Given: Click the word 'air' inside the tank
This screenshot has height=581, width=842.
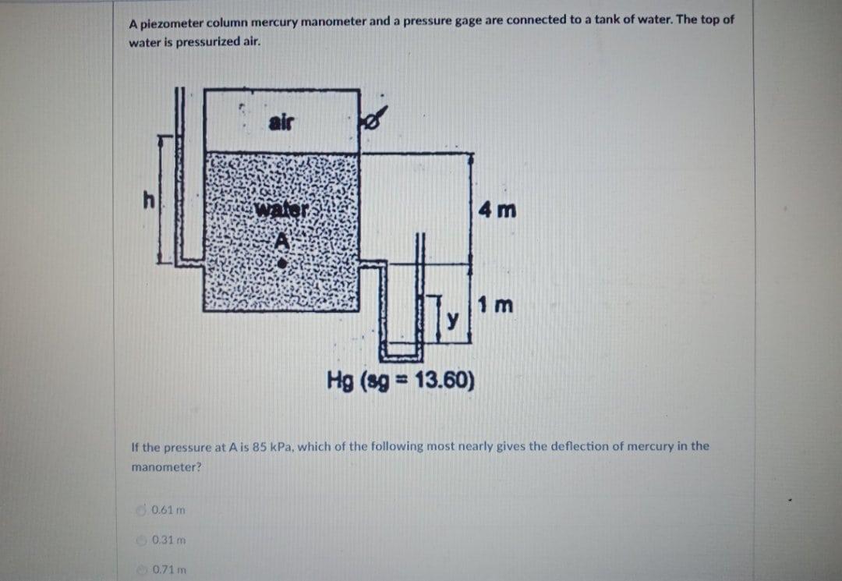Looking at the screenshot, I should (x=281, y=122).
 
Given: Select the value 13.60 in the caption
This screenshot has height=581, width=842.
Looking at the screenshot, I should (x=441, y=381).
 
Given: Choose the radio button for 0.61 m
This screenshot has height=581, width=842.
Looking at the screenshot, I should (x=140, y=510).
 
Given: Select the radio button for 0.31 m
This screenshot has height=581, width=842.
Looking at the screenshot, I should (x=140, y=540).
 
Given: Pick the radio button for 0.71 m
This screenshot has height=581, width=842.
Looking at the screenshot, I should (x=140, y=569).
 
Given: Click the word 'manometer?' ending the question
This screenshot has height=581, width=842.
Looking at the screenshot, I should (x=166, y=467).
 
